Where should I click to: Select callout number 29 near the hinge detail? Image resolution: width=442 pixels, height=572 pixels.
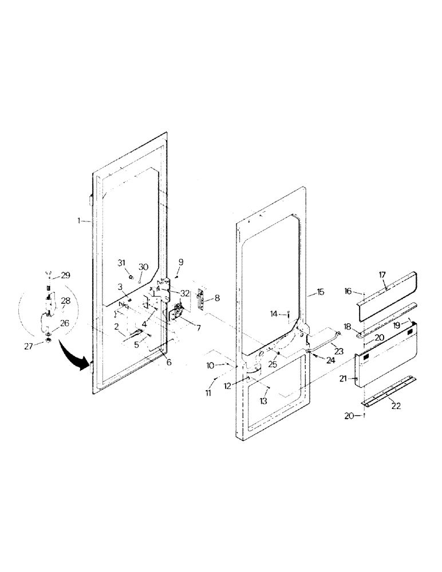[66, 276]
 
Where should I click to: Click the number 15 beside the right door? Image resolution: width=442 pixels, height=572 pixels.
[320, 292]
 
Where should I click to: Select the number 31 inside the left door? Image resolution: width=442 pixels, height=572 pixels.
[121, 262]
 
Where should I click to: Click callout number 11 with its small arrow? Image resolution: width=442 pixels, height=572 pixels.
[208, 394]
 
